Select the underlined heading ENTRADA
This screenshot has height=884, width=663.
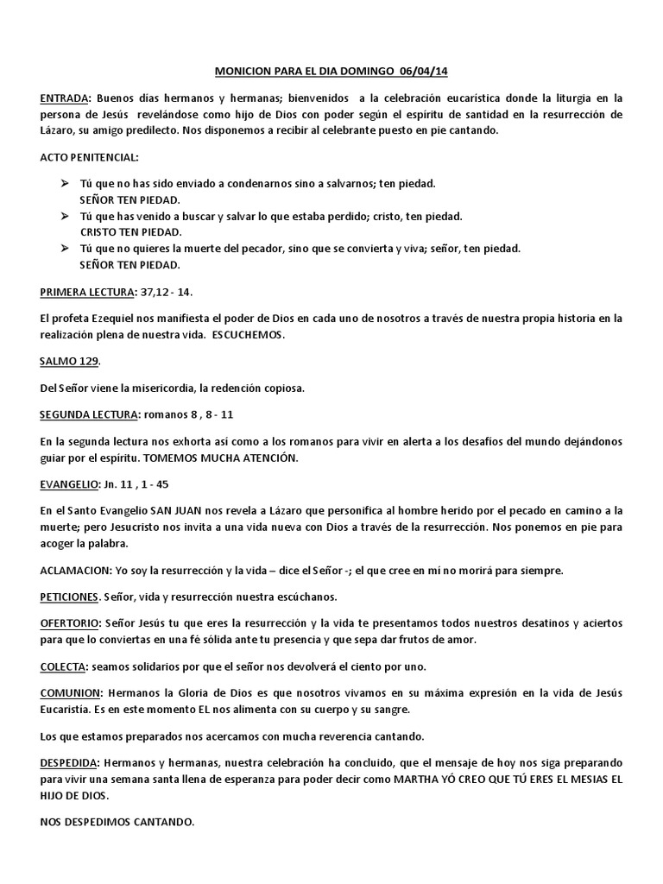[65, 99]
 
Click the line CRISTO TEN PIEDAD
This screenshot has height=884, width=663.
[130, 232]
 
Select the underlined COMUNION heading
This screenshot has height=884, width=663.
[71, 694]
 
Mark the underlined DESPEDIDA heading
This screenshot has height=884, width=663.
[70, 763]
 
